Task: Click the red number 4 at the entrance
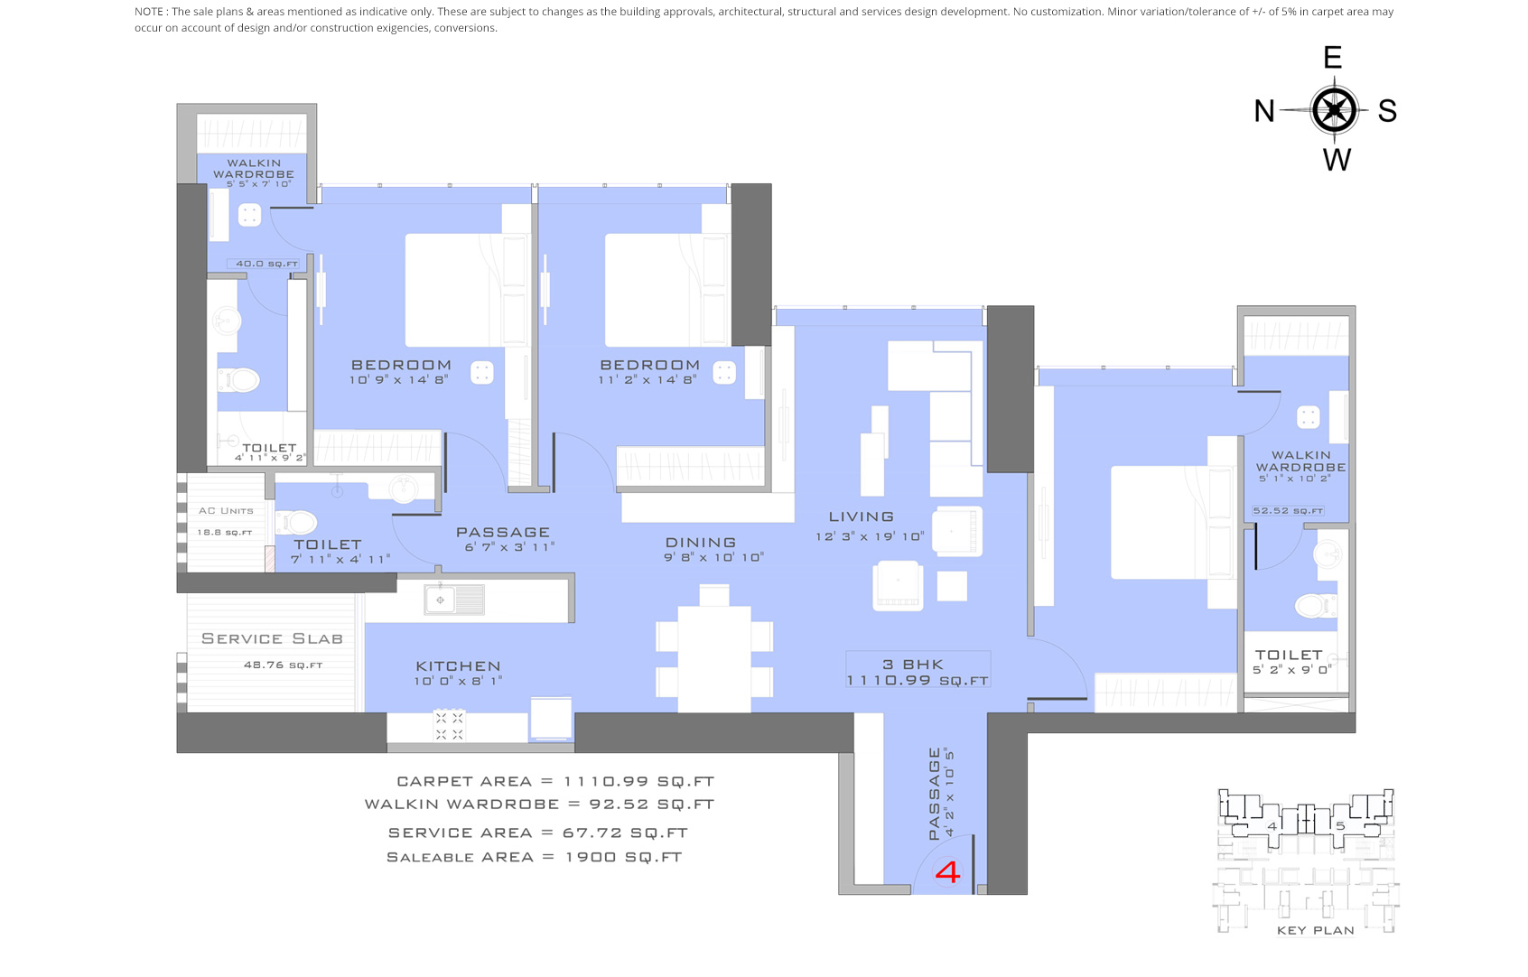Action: (947, 872)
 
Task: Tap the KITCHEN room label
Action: (458, 666)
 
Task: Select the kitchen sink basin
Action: (441, 600)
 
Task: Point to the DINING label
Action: (701, 543)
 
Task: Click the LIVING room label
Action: (862, 516)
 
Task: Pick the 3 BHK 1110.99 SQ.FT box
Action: (918, 672)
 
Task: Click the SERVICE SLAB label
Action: (272, 638)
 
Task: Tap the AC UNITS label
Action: (226, 511)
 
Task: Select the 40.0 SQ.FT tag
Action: (266, 264)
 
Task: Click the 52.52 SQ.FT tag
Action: (1288, 511)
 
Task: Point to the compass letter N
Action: (1264, 111)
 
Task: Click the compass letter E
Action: (1332, 58)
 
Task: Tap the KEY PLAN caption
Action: (1315, 930)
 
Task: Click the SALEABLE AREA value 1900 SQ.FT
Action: (623, 857)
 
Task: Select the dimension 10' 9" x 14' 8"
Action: (398, 380)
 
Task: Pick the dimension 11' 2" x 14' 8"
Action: (648, 380)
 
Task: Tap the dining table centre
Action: (714, 656)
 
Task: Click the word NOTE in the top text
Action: (149, 12)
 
